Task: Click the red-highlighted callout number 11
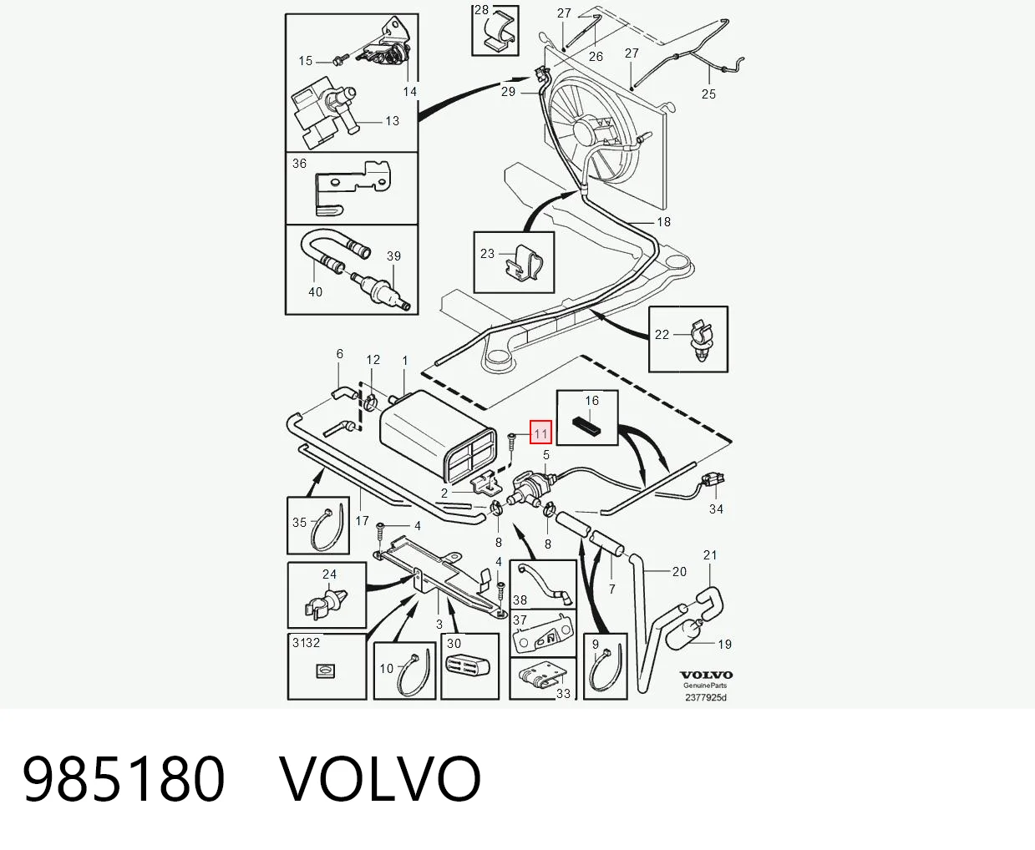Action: [540, 433]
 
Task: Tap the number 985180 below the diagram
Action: [123, 778]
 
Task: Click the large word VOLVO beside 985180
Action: [380, 778]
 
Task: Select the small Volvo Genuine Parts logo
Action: [706, 679]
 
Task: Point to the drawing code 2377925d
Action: [706, 697]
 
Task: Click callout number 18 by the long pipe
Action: [663, 222]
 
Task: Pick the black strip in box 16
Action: [586, 427]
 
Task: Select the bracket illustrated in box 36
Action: [353, 186]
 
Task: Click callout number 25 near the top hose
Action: [708, 94]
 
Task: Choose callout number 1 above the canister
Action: [405, 361]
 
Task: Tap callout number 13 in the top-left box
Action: [392, 121]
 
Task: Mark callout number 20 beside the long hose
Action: [678, 571]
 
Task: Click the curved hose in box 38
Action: [544, 582]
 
